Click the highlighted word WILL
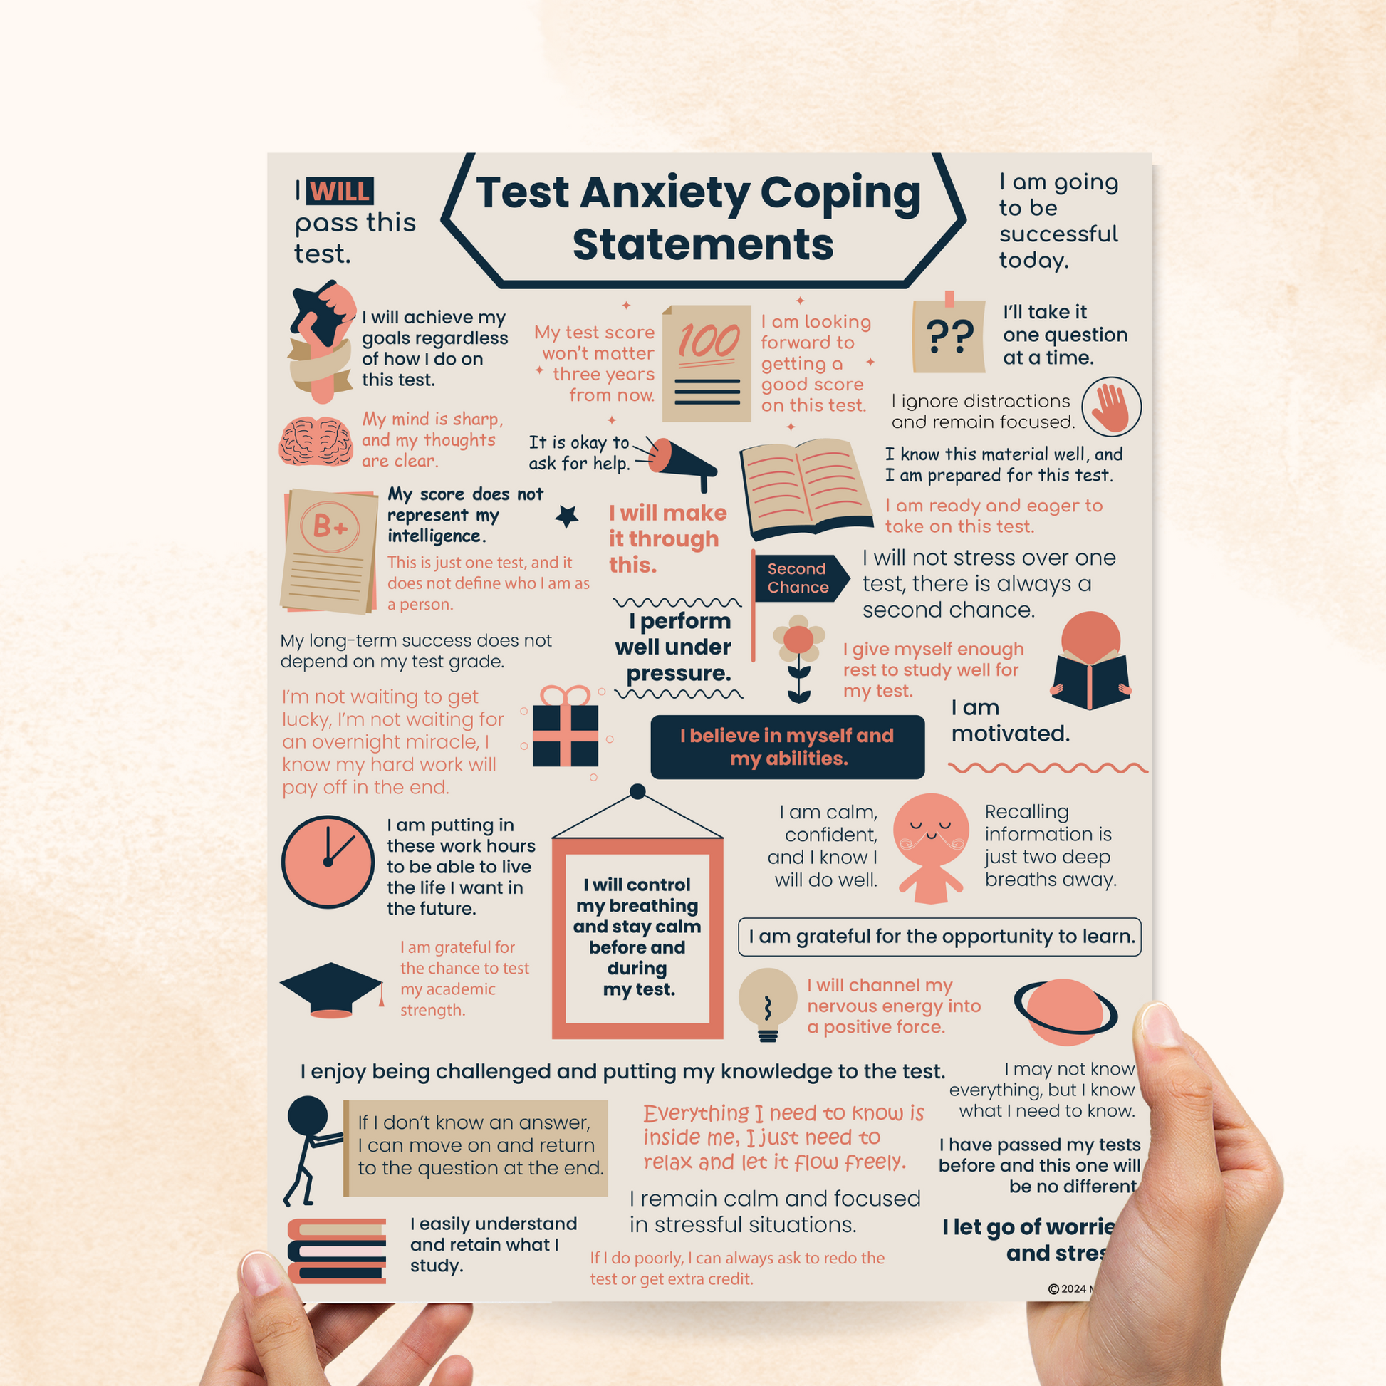(340, 192)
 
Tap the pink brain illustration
(316, 440)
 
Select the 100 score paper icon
(706, 363)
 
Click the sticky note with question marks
(949, 335)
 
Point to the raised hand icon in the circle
(1110, 407)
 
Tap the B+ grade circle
(330, 527)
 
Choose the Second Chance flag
(798, 578)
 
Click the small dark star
(568, 516)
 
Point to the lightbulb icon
(768, 1001)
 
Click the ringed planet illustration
(1065, 1011)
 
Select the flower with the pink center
(798, 638)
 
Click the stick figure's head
(307, 1117)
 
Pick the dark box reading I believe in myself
(787, 747)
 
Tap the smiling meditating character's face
(930, 828)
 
